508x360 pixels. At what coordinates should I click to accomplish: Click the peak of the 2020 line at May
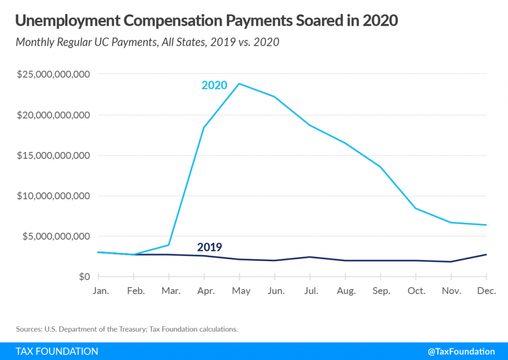click(240, 83)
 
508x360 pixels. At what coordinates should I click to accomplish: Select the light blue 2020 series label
click(214, 85)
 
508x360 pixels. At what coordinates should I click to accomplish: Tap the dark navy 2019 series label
click(209, 247)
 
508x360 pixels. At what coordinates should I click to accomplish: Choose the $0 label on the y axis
click(83, 277)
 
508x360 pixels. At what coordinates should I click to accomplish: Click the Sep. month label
click(381, 291)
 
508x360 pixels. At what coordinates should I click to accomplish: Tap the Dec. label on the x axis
click(486, 291)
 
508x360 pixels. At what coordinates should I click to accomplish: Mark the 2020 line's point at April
click(204, 128)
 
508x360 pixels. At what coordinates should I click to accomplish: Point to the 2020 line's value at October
click(416, 208)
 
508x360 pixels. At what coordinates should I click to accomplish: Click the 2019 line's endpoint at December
click(486, 254)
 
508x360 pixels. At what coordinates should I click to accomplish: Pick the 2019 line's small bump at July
click(310, 257)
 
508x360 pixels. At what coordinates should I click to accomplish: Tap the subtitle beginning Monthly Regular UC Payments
click(147, 42)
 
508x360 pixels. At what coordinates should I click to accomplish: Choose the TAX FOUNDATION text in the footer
click(57, 351)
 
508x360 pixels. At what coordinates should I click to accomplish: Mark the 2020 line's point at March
click(169, 245)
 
